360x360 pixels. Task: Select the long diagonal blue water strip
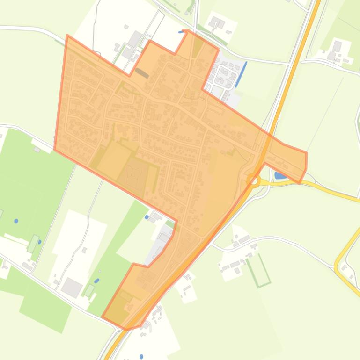241,74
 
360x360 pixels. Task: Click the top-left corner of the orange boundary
68,36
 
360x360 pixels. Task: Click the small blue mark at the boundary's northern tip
181,32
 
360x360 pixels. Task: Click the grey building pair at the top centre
216,22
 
